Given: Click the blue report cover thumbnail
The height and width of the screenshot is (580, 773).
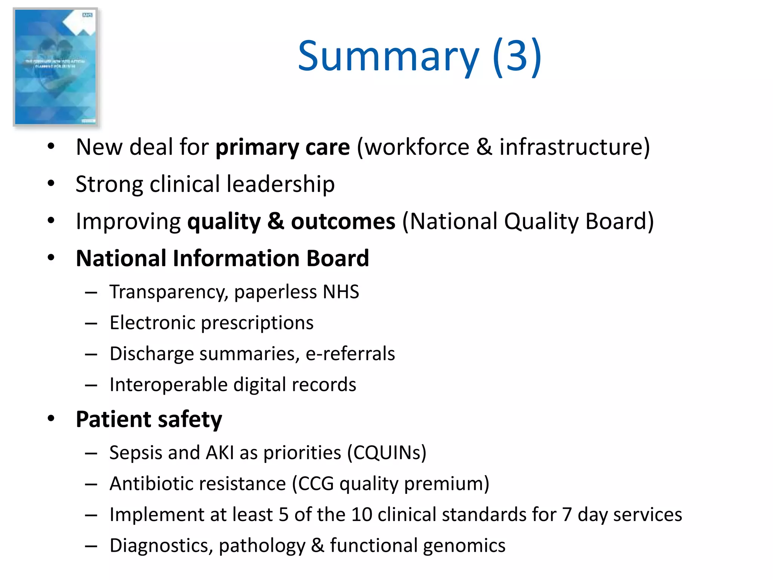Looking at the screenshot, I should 56,67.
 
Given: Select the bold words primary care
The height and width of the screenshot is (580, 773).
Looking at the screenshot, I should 283,147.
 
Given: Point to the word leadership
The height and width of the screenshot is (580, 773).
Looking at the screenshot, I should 280,184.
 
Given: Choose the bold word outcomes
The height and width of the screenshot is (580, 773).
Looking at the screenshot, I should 343,221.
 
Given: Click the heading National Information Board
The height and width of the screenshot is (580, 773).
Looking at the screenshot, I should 222,258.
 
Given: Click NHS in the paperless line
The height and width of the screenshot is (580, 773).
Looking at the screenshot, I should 341,292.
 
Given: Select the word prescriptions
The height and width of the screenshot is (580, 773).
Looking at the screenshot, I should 257,323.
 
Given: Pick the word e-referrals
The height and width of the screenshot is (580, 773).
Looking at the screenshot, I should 350,354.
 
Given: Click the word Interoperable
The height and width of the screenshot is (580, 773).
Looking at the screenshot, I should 169,385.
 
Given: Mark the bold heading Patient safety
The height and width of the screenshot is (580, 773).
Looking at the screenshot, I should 149,419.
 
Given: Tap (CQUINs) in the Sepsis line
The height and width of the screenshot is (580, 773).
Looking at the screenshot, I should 387,453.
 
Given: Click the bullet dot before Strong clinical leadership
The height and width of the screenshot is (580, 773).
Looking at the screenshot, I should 51,184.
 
